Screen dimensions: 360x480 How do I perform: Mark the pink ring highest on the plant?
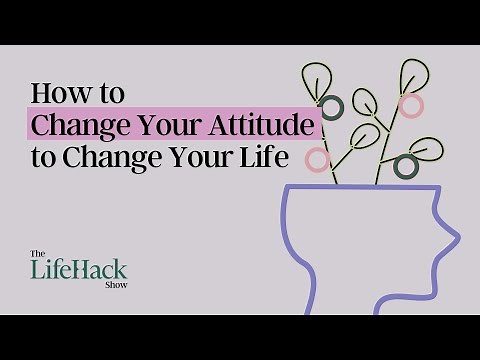pyautogui.click(x=409, y=104)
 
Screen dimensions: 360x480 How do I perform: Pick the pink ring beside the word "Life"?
pyautogui.click(x=318, y=159)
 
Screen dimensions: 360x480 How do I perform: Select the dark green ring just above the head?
pyautogui.click(x=405, y=165)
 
